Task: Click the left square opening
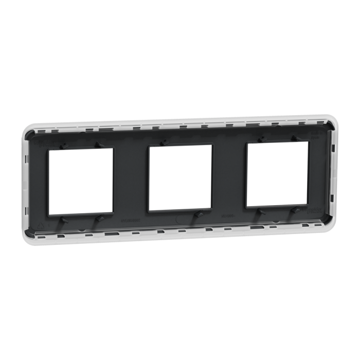pos(80,181)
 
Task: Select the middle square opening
pos(181,178)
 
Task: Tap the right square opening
pos(278,174)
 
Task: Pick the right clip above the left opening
pos(98,145)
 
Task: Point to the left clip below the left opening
pos(64,220)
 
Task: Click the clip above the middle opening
pos(163,142)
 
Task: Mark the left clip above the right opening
pos(261,138)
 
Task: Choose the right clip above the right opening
pos(295,137)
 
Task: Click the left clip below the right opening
pos(262,211)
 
